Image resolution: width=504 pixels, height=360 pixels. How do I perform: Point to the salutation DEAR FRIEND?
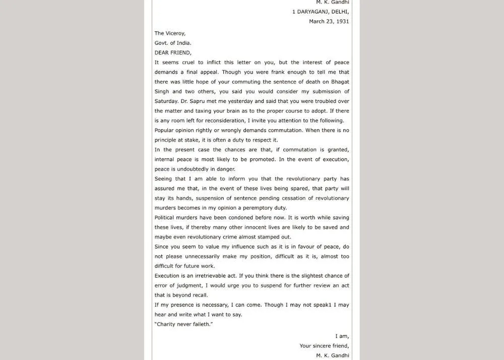pyautogui.click(x=173, y=52)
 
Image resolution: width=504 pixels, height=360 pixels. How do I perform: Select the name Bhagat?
pyautogui.click(x=339, y=82)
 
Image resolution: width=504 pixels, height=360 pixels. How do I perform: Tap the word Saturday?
pyautogui.click(x=166, y=101)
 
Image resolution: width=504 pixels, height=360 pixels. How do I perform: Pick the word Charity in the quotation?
pyautogui.click(x=168, y=324)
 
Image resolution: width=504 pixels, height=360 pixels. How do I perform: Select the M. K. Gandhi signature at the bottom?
pyautogui.click(x=332, y=355)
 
